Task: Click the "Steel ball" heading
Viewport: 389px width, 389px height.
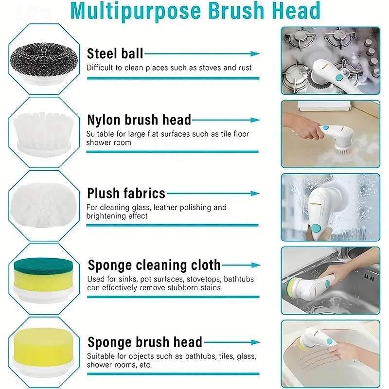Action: (115, 53)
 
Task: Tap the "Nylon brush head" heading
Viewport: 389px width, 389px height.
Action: (139, 120)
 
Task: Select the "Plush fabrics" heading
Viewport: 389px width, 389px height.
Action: (126, 194)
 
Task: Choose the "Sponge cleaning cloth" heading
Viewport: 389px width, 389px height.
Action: (154, 265)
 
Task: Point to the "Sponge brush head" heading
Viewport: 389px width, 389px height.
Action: (144, 342)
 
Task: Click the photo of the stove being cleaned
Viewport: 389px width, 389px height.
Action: (330, 61)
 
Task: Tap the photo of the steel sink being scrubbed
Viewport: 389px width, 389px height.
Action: (330, 280)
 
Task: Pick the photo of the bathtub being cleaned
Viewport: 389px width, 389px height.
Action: (330, 353)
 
